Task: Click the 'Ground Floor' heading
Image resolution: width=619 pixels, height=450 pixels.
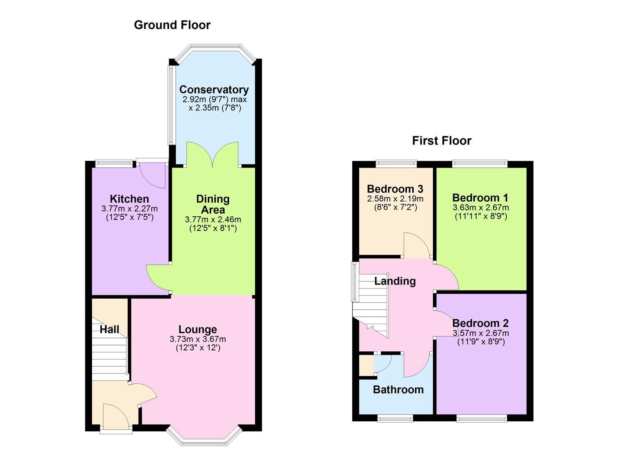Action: pos(172,25)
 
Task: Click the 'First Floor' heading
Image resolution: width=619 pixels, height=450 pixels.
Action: pos(441,141)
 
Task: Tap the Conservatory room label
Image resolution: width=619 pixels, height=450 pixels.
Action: pos(214,90)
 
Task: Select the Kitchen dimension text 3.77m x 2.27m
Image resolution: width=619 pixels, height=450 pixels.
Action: pos(129,208)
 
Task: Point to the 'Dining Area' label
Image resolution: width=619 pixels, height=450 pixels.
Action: pos(213,204)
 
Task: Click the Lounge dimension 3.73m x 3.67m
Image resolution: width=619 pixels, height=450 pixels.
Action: pos(198,339)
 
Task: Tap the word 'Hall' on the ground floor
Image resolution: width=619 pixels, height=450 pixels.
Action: pos(109,330)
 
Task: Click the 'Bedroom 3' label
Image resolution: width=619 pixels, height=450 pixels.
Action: pos(395,189)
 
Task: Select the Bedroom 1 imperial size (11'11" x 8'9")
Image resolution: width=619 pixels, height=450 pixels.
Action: pos(481,216)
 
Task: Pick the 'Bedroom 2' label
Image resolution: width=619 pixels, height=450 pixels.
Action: pos(480,323)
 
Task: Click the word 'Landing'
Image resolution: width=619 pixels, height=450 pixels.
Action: pos(395,281)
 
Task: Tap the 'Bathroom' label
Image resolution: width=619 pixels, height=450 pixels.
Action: pos(398,390)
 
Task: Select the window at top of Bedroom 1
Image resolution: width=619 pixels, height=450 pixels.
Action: pos(480,164)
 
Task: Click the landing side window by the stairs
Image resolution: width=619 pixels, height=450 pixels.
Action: pos(354,282)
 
